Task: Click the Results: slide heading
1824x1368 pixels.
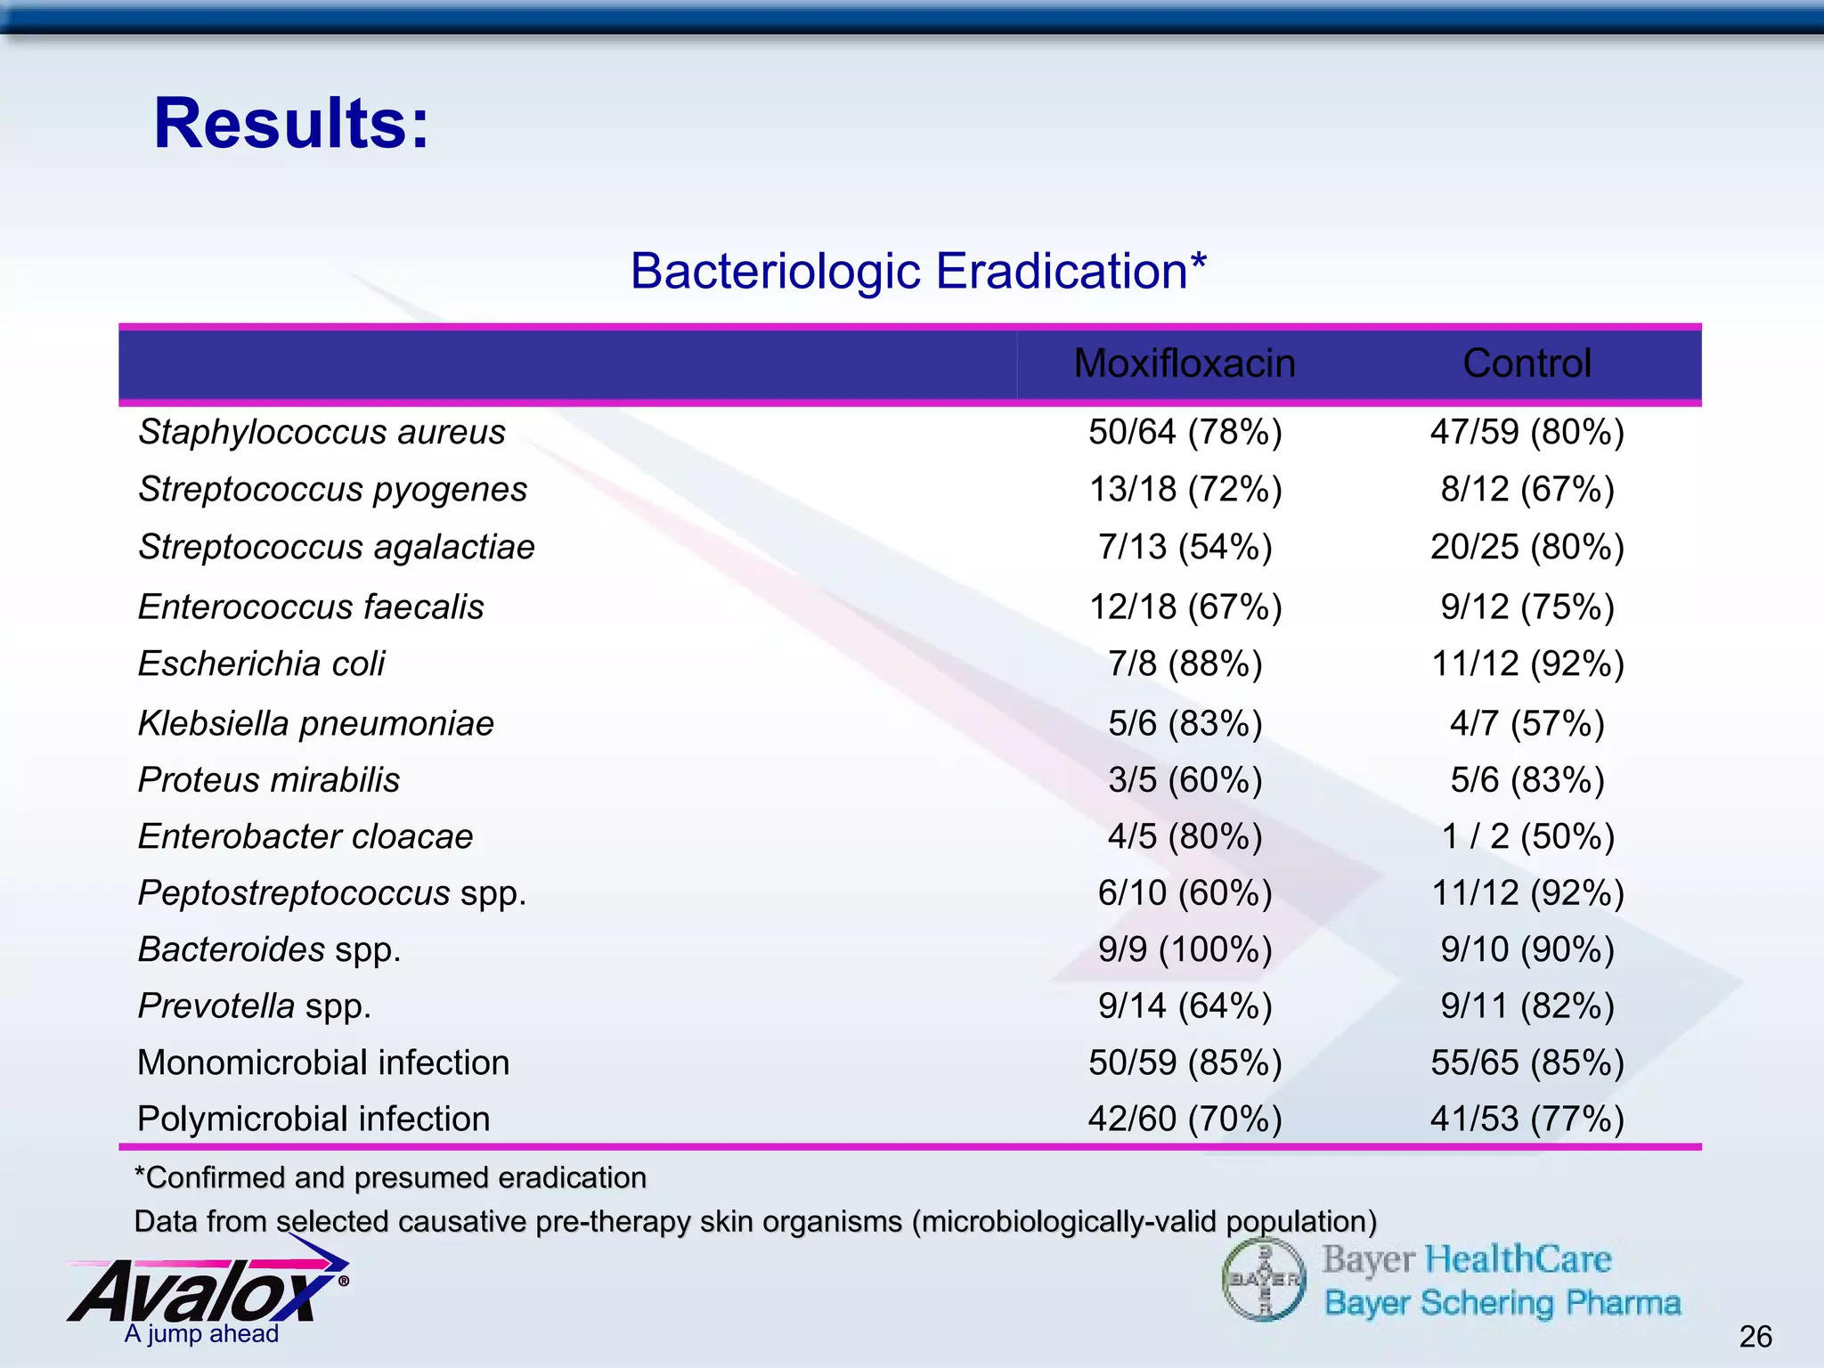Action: click(291, 123)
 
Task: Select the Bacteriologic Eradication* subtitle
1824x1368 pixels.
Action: click(918, 271)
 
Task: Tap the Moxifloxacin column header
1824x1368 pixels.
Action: click(1184, 363)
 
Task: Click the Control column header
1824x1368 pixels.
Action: click(1527, 363)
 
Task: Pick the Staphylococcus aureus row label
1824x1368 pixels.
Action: click(322, 432)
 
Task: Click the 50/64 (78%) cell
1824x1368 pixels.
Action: click(1185, 432)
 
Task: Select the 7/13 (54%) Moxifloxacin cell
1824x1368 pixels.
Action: click(1185, 547)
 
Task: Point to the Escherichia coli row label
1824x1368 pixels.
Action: click(261, 664)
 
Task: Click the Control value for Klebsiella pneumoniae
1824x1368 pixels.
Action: click(1527, 723)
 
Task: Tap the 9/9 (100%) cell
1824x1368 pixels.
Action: click(1185, 949)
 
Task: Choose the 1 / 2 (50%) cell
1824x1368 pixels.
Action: click(1527, 836)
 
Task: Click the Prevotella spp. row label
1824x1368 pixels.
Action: click(254, 1006)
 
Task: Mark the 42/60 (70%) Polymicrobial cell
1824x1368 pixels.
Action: click(1185, 1119)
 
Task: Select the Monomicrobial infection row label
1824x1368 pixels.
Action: click(323, 1063)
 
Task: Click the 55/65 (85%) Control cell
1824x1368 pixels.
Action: click(1527, 1063)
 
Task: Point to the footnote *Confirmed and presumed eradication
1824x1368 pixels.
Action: click(390, 1177)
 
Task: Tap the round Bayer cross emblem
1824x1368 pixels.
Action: click(1263, 1280)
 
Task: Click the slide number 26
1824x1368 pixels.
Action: click(1755, 1336)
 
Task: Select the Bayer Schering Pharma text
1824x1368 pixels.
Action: click(1502, 1303)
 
